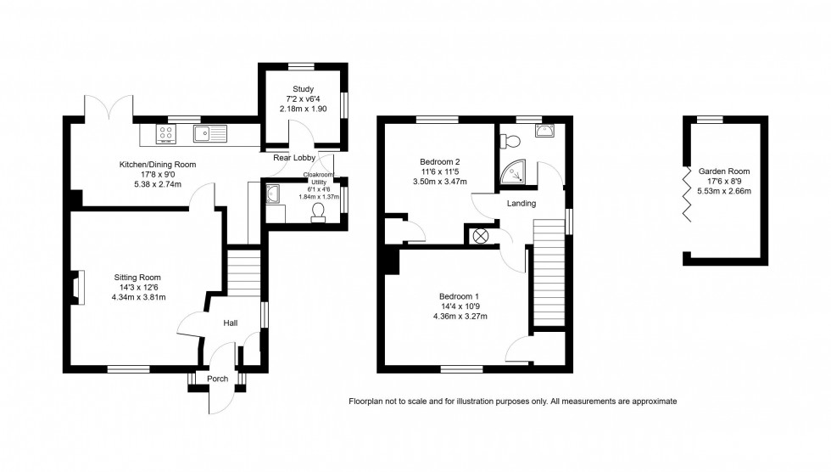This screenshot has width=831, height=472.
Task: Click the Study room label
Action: (x=303, y=89)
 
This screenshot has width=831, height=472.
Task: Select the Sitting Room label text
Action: (x=137, y=277)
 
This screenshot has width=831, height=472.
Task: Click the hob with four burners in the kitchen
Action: (x=165, y=133)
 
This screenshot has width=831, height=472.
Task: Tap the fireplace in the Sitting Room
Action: (x=78, y=287)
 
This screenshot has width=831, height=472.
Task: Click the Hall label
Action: (x=230, y=323)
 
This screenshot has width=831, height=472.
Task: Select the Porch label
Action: (x=218, y=379)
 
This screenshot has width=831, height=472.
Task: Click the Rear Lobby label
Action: (x=293, y=158)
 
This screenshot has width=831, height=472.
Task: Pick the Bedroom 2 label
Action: (x=439, y=161)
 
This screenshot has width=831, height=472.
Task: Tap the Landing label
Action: (x=521, y=204)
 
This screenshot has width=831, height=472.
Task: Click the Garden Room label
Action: (x=723, y=171)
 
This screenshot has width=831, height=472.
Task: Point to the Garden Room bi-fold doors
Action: (x=687, y=194)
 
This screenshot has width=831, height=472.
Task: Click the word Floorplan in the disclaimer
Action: (x=368, y=402)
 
